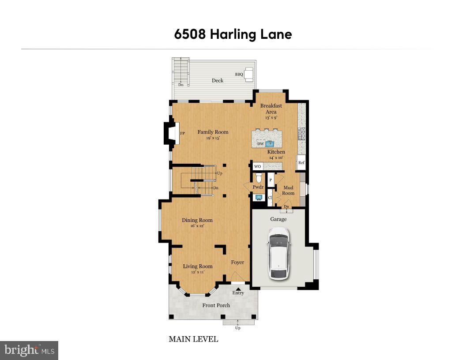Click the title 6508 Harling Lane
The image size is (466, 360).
tap(233, 34)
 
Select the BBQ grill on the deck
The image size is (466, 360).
tap(249, 74)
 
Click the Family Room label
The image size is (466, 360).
tap(213, 132)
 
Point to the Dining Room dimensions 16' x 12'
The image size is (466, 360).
tap(197, 226)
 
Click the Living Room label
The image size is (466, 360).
tap(198, 266)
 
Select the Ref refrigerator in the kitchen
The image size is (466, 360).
tap(301, 162)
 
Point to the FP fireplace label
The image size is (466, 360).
tap(182, 133)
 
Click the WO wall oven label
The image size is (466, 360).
tap(258, 166)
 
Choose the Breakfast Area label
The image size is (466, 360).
tap(271, 109)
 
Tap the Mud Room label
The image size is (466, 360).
tap(288, 190)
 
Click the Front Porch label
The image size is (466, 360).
tap(216, 305)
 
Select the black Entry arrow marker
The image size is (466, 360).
tap(238, 289)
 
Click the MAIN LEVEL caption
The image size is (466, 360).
tap(193, 339)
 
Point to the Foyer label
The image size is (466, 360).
tap(237, 262)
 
